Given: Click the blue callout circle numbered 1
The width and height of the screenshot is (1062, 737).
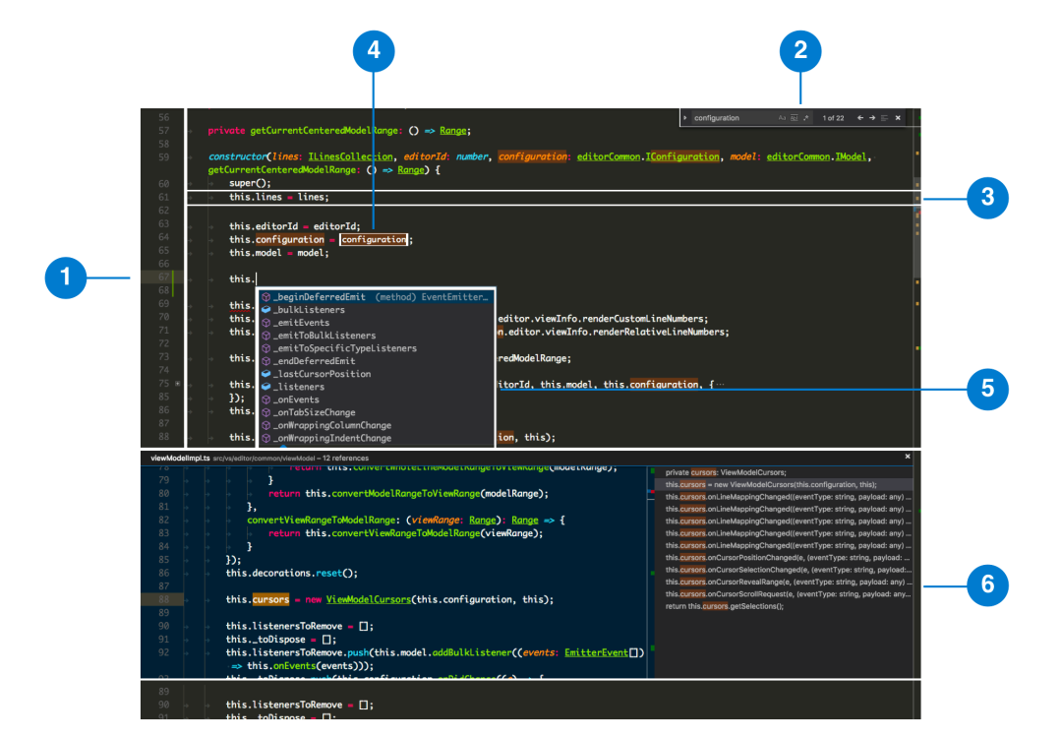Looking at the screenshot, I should [67, 278].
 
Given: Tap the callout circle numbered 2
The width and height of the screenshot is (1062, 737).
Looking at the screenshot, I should [800, 50].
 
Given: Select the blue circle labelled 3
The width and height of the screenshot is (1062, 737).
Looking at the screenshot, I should [987, 197].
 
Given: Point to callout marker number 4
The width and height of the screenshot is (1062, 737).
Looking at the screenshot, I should [374, 50].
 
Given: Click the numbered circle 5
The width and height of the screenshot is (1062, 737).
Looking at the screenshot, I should [987, 389].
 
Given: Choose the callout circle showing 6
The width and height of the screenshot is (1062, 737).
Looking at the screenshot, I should [987, 585].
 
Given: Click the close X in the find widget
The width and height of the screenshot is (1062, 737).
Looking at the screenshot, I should [898, 118].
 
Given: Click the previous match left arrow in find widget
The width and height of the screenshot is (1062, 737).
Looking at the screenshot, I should [860, 118].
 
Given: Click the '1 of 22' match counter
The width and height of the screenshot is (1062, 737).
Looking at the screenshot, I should [833, 118].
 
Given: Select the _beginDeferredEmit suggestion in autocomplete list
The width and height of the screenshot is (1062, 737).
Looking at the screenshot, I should [320, 297].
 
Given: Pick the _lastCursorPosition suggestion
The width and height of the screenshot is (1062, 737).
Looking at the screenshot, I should [323, 374].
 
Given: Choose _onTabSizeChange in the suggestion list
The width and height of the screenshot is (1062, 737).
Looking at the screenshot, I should [315, 412].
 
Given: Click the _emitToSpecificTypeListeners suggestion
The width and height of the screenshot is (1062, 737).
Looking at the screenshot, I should [345, 348].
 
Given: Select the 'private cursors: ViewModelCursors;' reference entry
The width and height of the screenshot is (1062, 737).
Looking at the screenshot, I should [726, 472].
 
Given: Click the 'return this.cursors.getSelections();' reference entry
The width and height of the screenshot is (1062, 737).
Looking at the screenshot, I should [725, 606].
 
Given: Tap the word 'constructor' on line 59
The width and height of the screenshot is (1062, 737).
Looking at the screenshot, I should [236, 156].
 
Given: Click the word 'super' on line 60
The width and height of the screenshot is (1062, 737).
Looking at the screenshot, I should [241, 183].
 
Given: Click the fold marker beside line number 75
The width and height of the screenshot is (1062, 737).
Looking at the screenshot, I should [177, 384].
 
